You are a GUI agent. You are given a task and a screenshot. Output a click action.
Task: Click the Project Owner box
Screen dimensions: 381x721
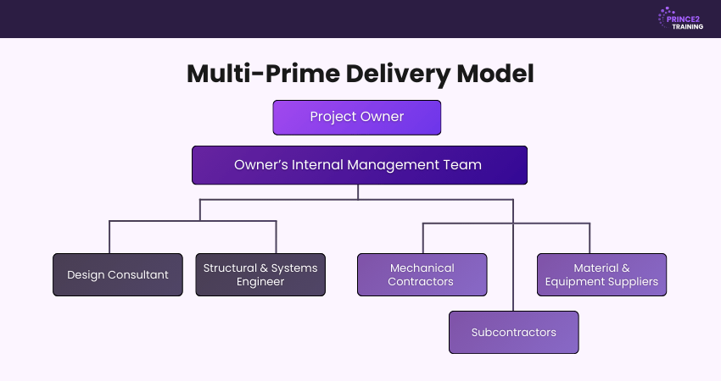tap(356, 118)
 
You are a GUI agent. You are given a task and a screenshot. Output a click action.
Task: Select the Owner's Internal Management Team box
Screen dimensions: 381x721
tap(359, 165)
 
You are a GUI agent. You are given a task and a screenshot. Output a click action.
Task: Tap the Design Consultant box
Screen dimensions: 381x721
tap(117, 274)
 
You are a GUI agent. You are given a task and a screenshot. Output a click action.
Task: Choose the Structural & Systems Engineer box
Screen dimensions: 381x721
tap(260, 274)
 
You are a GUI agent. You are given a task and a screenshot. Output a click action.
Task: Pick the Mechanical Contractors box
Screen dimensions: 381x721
tap(422, 274)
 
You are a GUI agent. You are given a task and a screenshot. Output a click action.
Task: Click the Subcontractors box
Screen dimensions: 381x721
tap(513, 332)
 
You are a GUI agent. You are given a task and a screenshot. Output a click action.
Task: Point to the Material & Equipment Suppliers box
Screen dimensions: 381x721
tap(601, 274)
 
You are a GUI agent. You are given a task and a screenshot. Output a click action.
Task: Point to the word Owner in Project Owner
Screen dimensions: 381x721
tap(383, 118)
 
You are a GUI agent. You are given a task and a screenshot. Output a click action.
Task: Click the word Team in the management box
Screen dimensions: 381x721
tap(465, 165)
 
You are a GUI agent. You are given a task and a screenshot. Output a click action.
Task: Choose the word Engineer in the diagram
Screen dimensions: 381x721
tap(260, 282)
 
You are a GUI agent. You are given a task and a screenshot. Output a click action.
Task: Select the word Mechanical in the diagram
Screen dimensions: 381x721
tap(422, 268)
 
